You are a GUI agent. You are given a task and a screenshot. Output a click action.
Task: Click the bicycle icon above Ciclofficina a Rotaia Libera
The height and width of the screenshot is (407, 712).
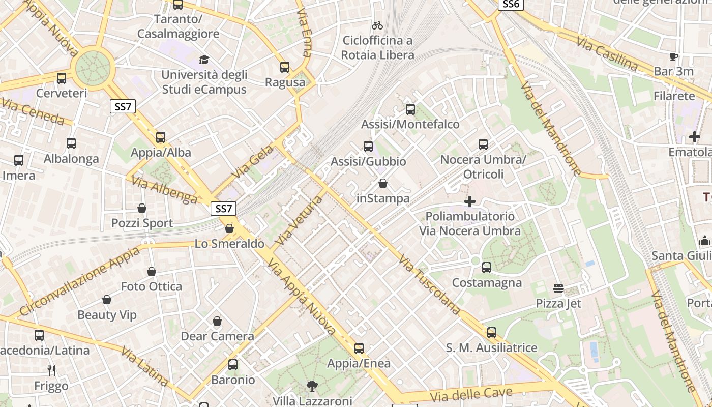click(x=377, y=25)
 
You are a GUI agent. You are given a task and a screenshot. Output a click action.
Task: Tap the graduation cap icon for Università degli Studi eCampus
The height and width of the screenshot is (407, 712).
click(x=204, y=60)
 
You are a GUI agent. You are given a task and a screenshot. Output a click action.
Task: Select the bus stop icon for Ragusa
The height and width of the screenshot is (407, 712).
click(x=285, y=67)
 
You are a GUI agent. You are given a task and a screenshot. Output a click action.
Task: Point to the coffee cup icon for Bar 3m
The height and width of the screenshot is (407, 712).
click(x=674, y=56)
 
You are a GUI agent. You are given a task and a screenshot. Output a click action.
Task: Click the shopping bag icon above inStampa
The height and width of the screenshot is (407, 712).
click(x=383, y=183)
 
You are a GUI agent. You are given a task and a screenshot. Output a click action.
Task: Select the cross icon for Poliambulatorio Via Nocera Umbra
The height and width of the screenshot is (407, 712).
click(x=470, y=201)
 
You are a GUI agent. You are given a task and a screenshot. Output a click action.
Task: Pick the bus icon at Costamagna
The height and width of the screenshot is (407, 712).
click(x=487, y=267)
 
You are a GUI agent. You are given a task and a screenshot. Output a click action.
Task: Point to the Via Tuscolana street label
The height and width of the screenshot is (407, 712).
click(x=430, y=285)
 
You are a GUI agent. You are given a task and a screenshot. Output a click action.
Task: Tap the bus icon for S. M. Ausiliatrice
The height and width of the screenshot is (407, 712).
click(x=491, y=333)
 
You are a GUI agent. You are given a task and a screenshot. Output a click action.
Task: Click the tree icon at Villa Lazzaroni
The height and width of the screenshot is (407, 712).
click(x=312, y=386)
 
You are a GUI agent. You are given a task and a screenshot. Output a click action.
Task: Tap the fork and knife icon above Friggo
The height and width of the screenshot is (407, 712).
click(x=51, y=370)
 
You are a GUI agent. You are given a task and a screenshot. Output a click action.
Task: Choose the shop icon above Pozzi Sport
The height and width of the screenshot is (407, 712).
click(x=142, y=208)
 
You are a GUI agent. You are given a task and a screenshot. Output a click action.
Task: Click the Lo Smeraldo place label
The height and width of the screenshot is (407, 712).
click(x=229, y=244)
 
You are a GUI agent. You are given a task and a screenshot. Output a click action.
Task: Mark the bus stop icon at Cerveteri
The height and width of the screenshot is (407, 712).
click(x=62, y=78)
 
